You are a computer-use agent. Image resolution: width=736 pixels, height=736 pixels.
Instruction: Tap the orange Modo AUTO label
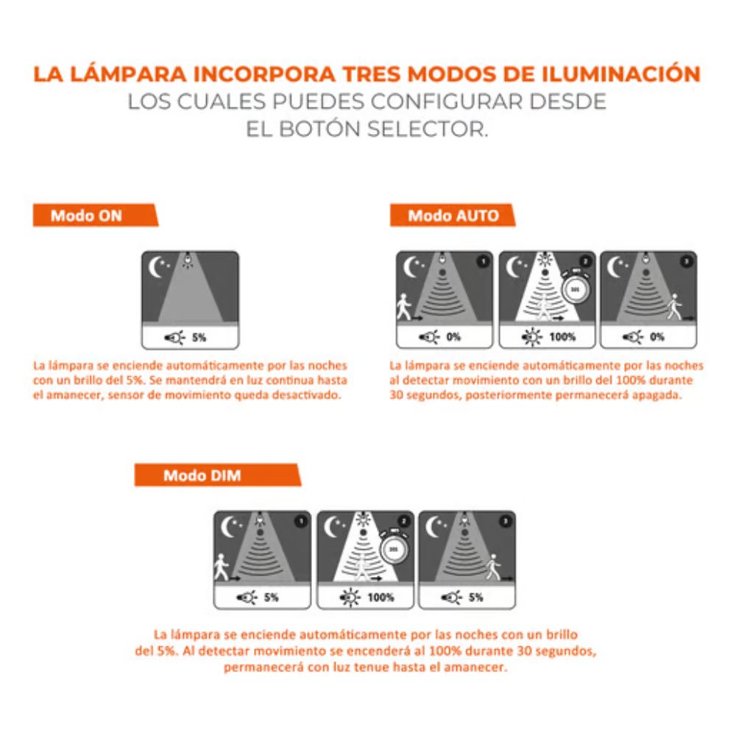point(453,216)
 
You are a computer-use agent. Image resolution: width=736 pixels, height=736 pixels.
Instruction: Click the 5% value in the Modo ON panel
point(199,338)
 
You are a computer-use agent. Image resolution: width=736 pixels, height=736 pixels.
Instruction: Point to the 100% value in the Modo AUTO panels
point(562,337)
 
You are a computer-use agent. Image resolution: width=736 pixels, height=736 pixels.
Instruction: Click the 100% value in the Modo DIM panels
point(380,597)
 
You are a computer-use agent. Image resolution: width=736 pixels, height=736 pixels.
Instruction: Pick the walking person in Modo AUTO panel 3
point(673,306)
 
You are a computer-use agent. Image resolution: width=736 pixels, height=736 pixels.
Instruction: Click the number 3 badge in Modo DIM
point(504,521)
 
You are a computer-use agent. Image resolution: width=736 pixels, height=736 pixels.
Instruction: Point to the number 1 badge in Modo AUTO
point(482,261)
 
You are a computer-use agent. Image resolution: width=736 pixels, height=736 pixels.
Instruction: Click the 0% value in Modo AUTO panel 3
point(657,337)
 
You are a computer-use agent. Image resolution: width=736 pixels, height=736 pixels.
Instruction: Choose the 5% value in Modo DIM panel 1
point(271,597)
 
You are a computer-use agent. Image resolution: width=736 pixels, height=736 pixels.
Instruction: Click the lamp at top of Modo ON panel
point(190,259)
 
